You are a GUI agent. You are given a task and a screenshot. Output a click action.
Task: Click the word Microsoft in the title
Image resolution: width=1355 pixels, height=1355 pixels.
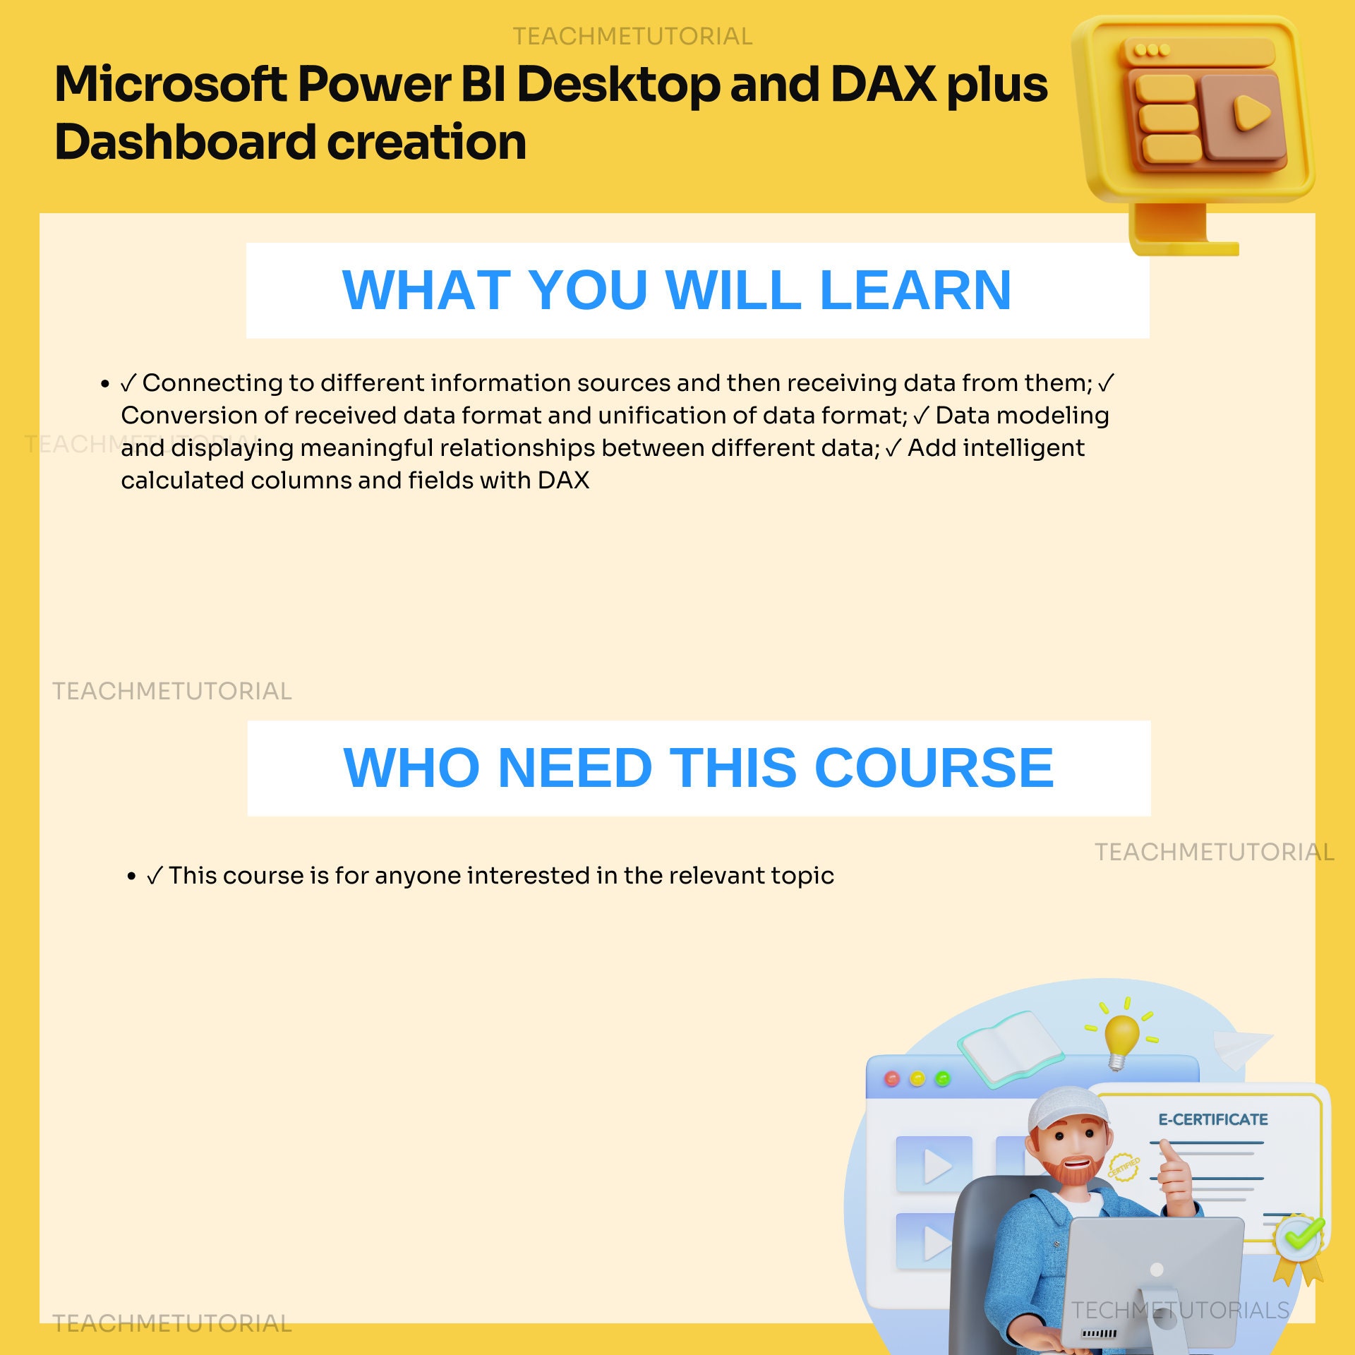tap(169, 85)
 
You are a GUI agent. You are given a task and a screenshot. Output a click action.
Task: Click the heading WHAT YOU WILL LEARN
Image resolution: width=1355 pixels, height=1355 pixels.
tap(676, 290)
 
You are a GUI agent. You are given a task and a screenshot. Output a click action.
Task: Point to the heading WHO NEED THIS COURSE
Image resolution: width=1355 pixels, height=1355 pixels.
tap(698, 768)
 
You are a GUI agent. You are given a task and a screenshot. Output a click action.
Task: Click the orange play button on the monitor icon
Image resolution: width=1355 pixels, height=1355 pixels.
tap(1251, 113)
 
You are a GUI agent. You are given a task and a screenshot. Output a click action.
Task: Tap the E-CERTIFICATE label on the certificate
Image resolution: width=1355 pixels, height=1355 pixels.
tap(1212, 1119)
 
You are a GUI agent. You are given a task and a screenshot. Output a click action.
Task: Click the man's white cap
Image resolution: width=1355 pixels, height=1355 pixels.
tap(1066, 1108)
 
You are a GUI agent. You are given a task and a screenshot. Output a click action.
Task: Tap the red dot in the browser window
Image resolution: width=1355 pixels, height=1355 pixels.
tap(892, 1079)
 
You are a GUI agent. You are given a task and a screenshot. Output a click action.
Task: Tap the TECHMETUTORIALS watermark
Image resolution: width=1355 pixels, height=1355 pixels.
tap(1180, 1311)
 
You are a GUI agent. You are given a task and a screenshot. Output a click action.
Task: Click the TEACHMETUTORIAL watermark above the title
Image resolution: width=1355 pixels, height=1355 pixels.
tap(632, 36)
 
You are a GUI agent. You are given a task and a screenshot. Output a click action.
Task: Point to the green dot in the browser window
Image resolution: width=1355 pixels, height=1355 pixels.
tap(942, 1079)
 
